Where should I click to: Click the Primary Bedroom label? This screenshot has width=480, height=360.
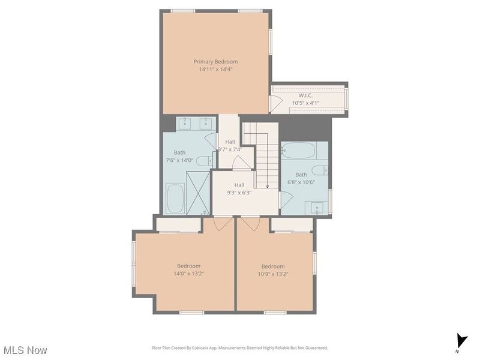click(215, 61)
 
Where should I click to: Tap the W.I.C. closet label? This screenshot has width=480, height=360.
click(305, 95)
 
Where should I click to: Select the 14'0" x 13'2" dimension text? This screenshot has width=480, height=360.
click(188, 274)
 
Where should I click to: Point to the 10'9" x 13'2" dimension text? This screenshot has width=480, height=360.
click(273, 274)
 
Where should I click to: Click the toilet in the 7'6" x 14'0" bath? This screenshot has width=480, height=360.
click(205, 160)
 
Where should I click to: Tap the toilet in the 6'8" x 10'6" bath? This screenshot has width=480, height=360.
click(318, 170)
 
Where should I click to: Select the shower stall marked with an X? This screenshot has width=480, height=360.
click(197, 191)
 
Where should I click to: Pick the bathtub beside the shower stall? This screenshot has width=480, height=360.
click(175, 199)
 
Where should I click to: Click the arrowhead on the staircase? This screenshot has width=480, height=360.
click(267, 186)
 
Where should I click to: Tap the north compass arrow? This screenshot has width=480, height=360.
click(461, 340)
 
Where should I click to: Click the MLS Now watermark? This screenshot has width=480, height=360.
click(25, 350)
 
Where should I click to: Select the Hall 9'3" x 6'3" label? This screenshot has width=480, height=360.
click(239, 189)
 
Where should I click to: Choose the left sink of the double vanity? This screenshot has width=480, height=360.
click(184, 124)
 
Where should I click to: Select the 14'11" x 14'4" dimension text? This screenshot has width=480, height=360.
click(215, 69)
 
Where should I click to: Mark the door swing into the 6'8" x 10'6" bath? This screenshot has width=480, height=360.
click(285, 199)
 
